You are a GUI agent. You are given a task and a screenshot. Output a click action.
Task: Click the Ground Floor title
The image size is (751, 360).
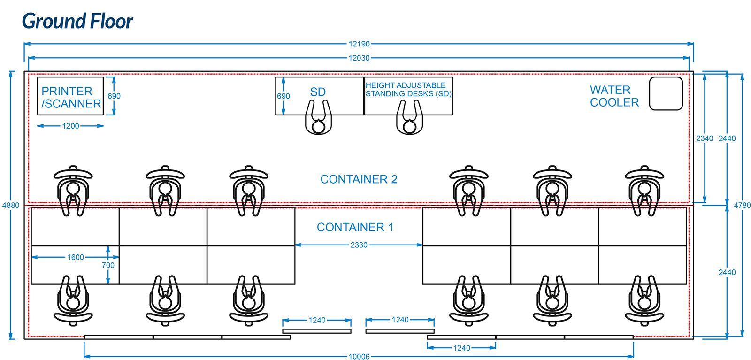click(x=77, y=21)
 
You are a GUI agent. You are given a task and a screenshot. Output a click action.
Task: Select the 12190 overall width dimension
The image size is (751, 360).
click(x=359, y=44)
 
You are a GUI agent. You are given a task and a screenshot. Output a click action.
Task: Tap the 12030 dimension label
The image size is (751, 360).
click(x=359, y=58)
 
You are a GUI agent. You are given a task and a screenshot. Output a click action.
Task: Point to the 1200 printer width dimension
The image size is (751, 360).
click(x=71, y=126)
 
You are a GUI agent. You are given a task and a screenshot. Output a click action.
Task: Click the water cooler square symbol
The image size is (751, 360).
click(x=666, y=94)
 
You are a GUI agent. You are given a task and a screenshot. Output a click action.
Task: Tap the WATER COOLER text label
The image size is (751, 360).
click(x=614, y=96)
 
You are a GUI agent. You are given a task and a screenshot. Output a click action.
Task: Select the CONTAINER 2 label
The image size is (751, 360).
click(x=359, y=179)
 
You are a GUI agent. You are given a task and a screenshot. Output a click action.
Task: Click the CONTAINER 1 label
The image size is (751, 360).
click(x=355, y=227)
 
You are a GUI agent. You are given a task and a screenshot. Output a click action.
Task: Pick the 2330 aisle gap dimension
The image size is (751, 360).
click(x=359, y=245)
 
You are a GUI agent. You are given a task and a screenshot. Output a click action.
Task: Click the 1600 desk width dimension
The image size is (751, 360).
click(x=76, y=257)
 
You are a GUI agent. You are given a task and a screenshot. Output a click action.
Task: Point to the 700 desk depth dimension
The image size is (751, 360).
click(x=108, y=265)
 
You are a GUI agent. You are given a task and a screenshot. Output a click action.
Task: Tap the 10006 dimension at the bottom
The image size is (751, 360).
click(x=359, y=357)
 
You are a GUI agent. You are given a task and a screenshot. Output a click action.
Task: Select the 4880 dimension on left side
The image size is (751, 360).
click(x=11, y=205)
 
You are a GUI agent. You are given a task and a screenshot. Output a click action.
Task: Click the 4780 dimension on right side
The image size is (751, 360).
click(x=742, y=205)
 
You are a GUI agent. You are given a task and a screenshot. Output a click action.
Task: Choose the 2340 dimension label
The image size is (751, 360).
click(x=705, y=138)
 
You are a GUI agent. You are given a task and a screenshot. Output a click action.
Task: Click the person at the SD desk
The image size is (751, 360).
click(x=319, y=120)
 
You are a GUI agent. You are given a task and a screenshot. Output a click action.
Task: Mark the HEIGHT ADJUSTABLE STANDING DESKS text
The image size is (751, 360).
click(x=408, y=89)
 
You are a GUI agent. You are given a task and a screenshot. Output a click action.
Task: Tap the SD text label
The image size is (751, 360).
click(x=318, y=92)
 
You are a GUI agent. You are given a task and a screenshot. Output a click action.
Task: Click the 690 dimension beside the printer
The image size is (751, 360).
click(x=114, y=96)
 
